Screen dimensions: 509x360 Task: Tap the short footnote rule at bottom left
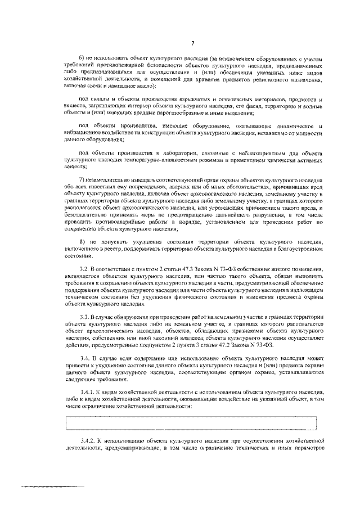coord(51,485)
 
